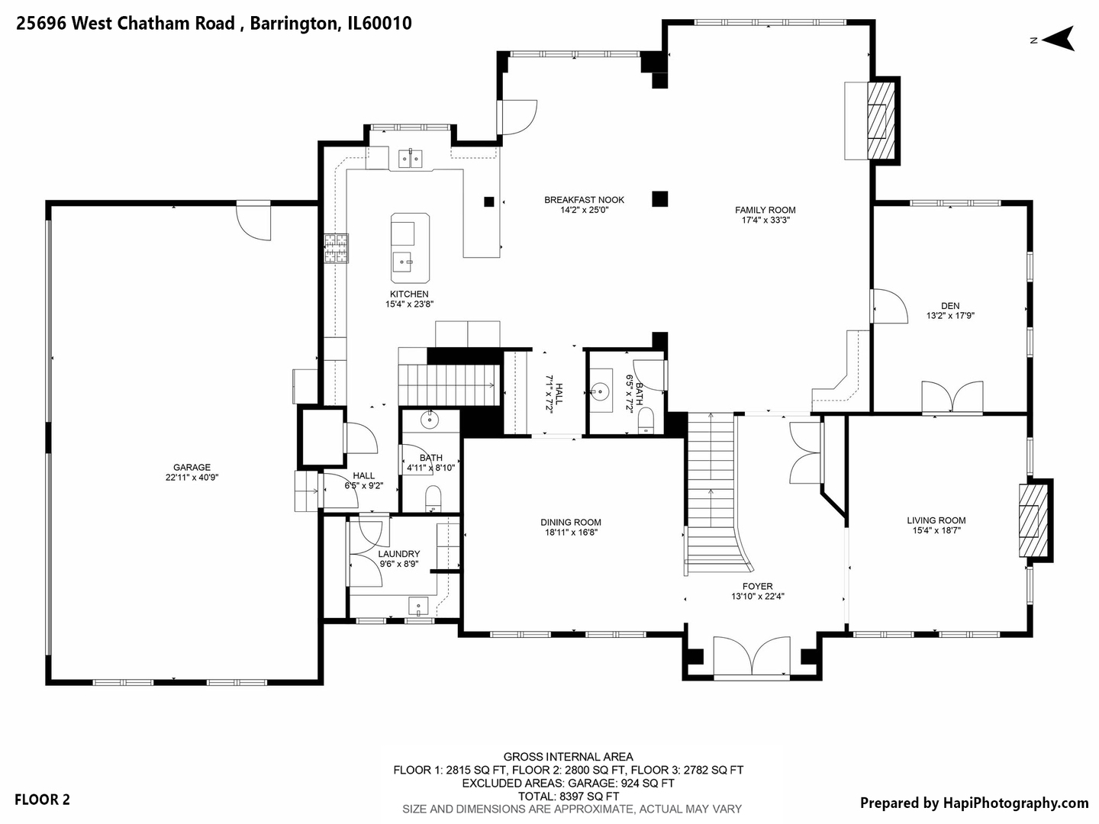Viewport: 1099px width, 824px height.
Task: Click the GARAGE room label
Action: [192, 468]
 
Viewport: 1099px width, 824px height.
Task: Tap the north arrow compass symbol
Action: [1057, 39]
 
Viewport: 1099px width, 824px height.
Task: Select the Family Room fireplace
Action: [881, 120]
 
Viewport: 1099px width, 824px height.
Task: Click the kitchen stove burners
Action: [336, 249]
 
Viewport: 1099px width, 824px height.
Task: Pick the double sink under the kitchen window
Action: [411, 159]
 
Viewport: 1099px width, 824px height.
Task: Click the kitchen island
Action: [410, 248]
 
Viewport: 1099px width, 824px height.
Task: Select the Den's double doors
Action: [951, 398]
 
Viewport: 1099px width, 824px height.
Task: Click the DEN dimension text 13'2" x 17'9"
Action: [950, 316]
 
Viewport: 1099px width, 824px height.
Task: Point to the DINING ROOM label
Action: [571, 523]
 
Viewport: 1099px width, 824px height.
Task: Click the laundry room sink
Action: [418, 607]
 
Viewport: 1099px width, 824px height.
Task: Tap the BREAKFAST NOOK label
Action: [584, 200]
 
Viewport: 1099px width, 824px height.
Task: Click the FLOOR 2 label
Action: [42, 800]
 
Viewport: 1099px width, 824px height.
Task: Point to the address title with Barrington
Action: [214, 24]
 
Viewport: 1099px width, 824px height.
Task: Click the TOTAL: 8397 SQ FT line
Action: [569, 796]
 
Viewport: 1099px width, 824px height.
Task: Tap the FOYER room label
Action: [757, 587]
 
